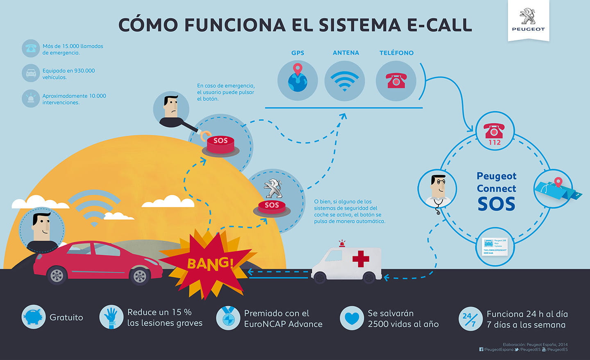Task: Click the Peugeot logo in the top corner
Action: click(x=528, y=19)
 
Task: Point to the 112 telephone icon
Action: click(x=495, y=133)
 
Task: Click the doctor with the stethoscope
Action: click(x=438, y=190)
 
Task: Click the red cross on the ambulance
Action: click(x=361, y=259)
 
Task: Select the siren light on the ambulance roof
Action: click(x=341, y=244)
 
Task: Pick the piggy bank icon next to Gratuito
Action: click(x=34, y=317)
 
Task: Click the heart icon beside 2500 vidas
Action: click(x=352, y=318)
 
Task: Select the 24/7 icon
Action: click(x=470, y=319)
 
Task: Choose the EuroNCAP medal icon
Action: click(x=228, y=318)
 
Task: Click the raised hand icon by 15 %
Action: click(x=111, y=317)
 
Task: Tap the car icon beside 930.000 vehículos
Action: click(x=31, y=73)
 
